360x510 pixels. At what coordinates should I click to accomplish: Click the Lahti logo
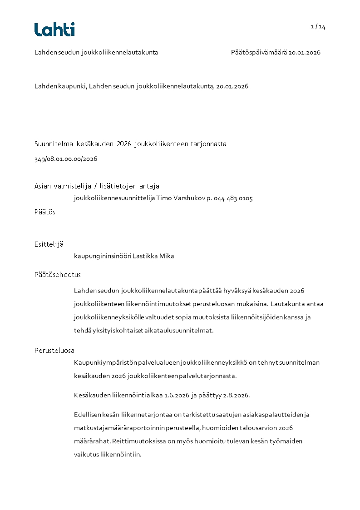54,30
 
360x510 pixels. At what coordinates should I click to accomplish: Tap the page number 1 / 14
318,27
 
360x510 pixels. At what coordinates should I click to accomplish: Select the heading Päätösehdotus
58,275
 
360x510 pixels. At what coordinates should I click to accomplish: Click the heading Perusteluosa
54,351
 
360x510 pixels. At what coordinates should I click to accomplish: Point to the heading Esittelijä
49,244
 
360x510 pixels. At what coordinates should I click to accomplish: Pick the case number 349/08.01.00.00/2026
66,159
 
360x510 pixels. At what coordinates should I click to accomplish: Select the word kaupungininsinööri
102,256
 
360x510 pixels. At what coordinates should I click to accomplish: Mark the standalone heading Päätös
45,212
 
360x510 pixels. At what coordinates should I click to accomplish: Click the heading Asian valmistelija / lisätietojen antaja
97,186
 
